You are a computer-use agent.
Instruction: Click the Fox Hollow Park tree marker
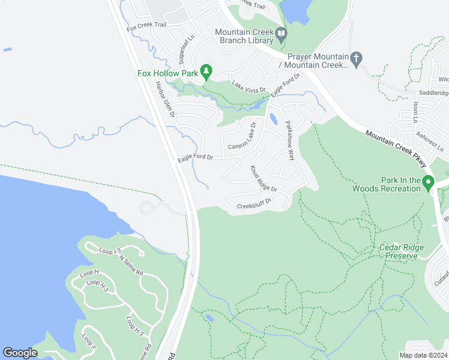[x=206, y=72]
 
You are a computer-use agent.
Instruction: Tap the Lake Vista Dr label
[x=249, y=86]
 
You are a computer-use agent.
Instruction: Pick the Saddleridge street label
[x=433, y=93]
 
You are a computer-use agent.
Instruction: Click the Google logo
[x=20, y=353]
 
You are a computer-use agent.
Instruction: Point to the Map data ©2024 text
[x=423, y=355]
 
